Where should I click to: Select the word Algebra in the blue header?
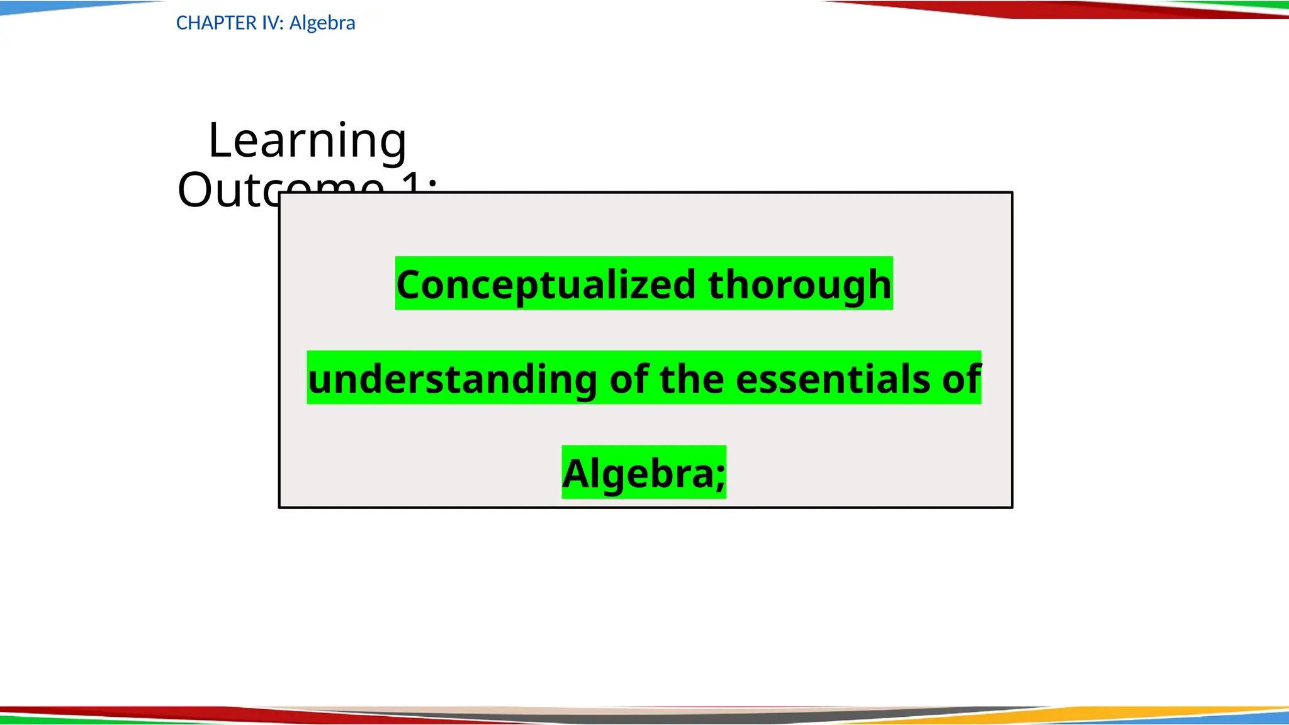[322, 23]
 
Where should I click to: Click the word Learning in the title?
[307, 140]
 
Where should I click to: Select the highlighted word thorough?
[799, 285]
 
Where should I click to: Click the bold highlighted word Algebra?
[637, 474]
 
